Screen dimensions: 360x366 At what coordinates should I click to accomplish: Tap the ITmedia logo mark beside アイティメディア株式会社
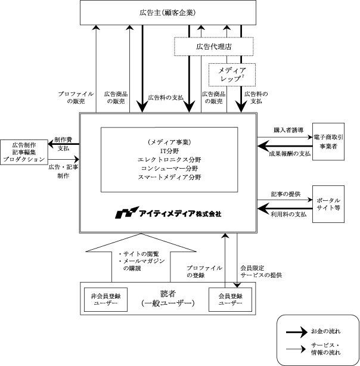[x=127, y=212]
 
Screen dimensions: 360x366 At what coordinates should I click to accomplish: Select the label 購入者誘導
[x=288, y=130]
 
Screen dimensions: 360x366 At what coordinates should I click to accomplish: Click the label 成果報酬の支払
[x=290, y=154]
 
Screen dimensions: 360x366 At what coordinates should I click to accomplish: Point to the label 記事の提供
[x=285, y=194]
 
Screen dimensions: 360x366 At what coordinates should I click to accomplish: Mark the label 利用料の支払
[x=288, y=214]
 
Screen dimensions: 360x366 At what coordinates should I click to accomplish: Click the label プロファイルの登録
[x=204, y=271]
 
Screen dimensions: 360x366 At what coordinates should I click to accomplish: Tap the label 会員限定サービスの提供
[x=261, y=271]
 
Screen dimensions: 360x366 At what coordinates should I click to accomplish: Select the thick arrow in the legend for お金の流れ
[x=297, y=332]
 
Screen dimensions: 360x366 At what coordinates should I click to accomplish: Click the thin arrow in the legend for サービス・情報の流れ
[x=296, y=349]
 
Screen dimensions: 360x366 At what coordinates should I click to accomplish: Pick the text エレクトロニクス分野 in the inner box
[x=169, y=160]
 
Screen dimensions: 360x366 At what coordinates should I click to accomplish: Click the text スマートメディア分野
[x=169, y=177]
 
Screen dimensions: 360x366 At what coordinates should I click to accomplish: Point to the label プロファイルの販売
[x=76, y=98]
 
